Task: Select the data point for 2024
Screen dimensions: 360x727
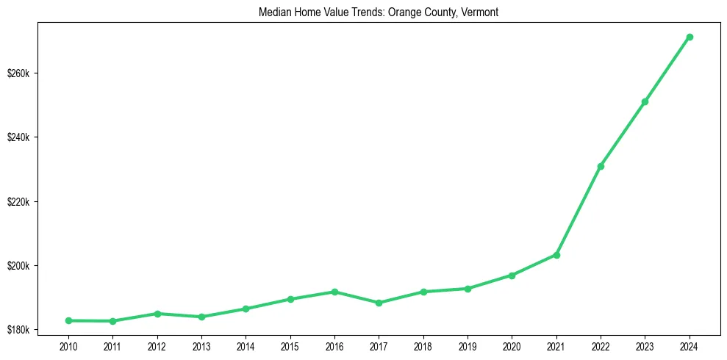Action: click(690, 37)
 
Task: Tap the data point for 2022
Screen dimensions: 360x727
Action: click(601, 167)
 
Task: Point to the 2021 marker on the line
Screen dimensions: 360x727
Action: click(556, 255)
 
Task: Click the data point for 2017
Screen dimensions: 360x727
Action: click(379, 303)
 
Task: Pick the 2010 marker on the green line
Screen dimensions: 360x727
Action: click(68, 320)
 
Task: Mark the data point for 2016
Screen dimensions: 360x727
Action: click(334, 292)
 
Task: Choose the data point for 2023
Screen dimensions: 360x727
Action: click(645, 101)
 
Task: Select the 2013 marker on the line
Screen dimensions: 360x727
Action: click(201, 317)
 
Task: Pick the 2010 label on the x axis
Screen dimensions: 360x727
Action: click(68, 345)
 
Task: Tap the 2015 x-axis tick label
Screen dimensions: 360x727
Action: click(290, 345)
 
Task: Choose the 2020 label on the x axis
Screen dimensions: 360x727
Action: click(512, 345)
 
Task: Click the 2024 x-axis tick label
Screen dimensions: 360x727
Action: click(690, 345)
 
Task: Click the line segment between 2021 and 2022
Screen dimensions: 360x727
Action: click(579, 211)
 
